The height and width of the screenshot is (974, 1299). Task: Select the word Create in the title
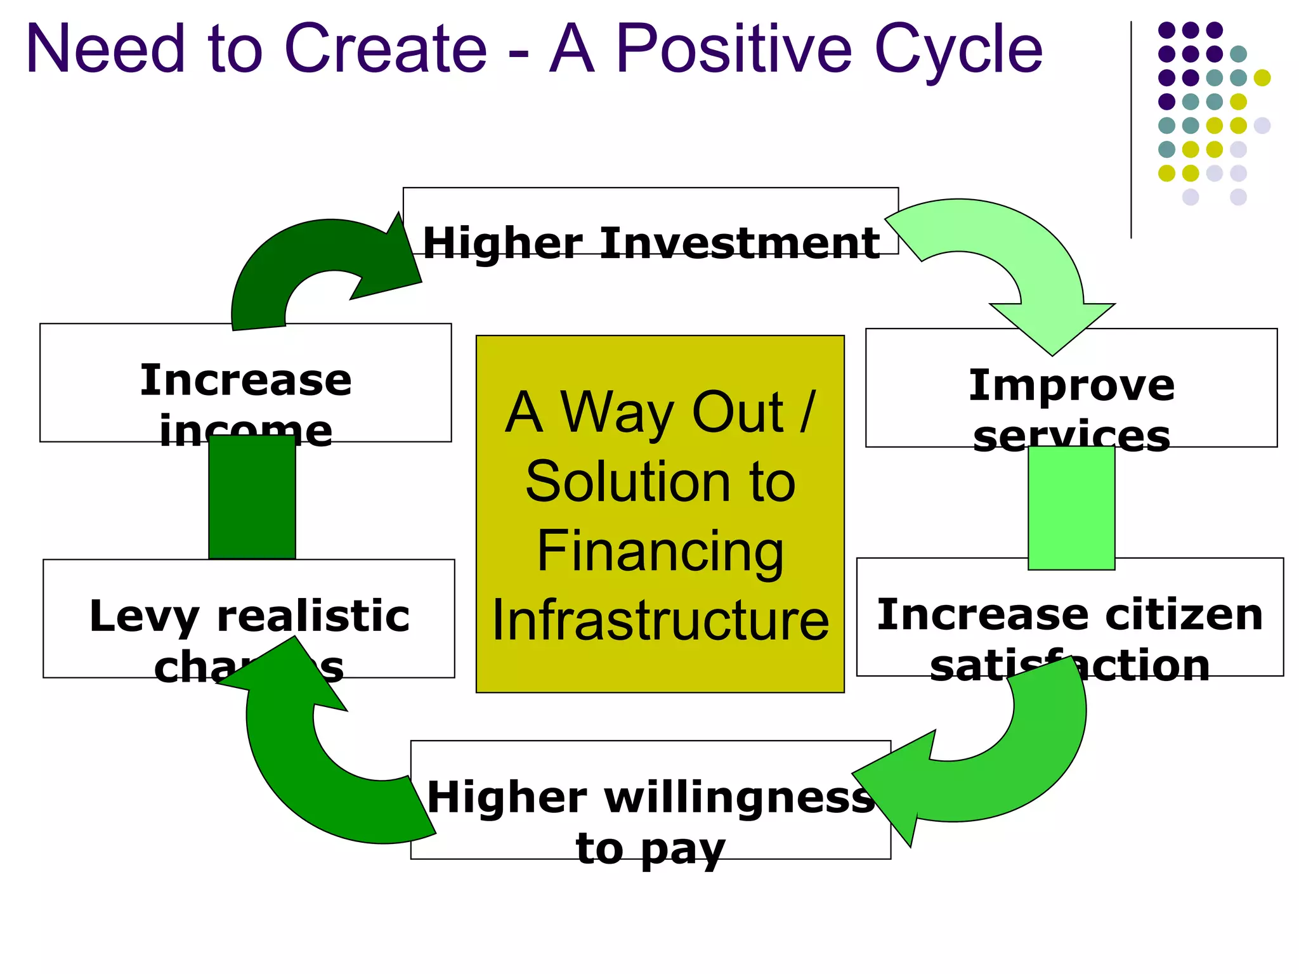(386, 49)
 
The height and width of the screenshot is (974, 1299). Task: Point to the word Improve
(1071, 385)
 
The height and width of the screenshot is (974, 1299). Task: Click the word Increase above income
(245, 380)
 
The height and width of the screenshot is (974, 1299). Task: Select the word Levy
(143, 616)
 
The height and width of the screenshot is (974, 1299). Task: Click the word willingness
(739, 797)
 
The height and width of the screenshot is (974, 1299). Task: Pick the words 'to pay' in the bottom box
(650, 848)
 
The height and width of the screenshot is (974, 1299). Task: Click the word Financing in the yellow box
(660, 551)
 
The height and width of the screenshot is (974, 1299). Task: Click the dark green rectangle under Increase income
(252, 498)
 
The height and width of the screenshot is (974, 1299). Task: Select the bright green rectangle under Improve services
(1071, 507)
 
